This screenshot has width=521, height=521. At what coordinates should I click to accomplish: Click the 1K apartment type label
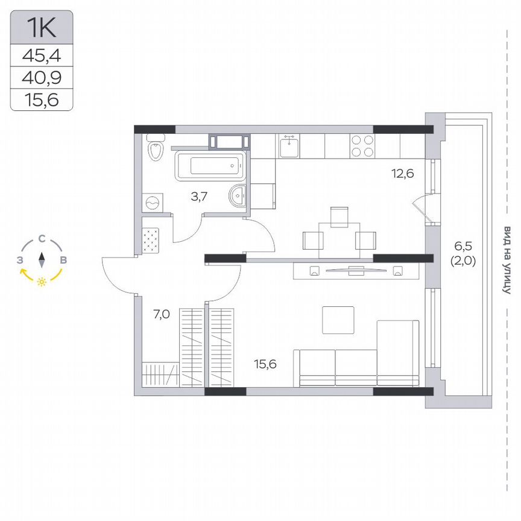pos(42,27)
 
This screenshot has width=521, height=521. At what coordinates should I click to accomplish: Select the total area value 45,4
pos(42,56)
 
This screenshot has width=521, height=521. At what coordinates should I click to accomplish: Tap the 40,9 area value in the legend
pos(42,78)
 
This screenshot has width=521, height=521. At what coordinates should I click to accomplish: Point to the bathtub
pos(210,165)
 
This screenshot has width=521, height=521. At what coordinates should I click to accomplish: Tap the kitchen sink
pos(290,145)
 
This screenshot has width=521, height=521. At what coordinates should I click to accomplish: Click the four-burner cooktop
pos(361,145)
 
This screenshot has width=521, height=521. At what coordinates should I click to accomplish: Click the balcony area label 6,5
pos(464,246)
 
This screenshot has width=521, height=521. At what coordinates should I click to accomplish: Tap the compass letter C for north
pos(42,239)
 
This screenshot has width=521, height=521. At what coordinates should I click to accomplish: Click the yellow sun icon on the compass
pos(42,282)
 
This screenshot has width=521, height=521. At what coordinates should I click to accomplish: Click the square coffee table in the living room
pos(338,320)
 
